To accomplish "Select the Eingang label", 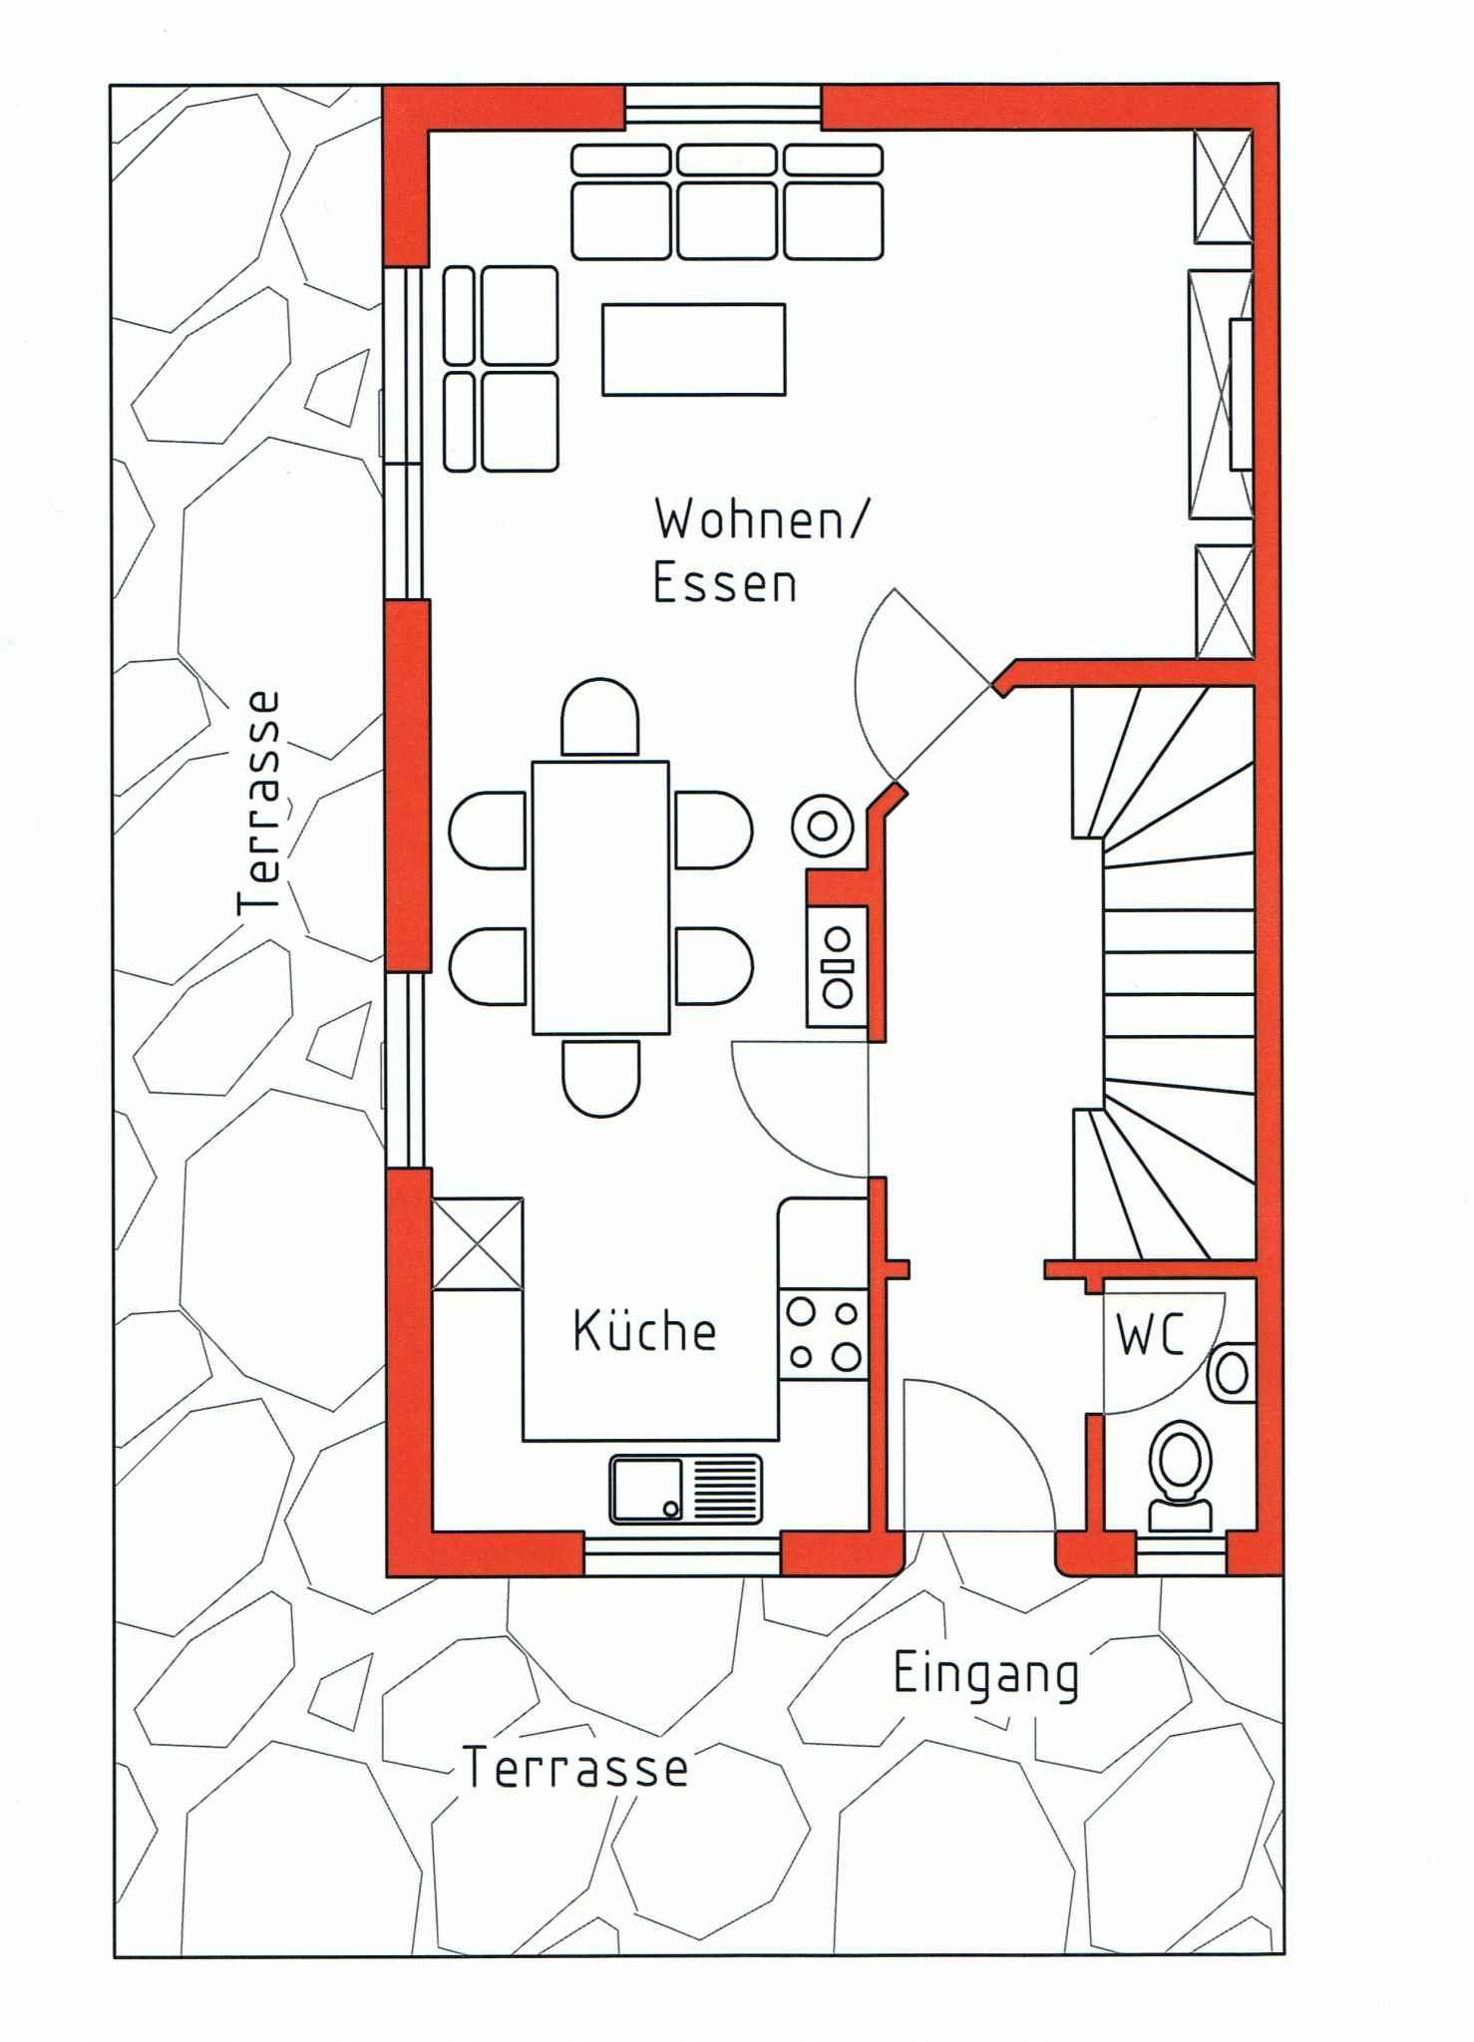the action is coord(985,1677).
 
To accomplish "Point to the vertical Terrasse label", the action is coord(260,802).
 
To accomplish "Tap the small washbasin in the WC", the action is coord(1232,1373).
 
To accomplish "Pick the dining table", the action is coord(600,897).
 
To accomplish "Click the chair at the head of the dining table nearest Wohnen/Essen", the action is coord(600,717).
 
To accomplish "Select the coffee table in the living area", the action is coord(693,349).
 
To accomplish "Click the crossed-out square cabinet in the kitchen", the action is coord(477,1244).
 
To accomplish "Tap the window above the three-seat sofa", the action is coord(723,108).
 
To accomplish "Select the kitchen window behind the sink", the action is coord(682,1555).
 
